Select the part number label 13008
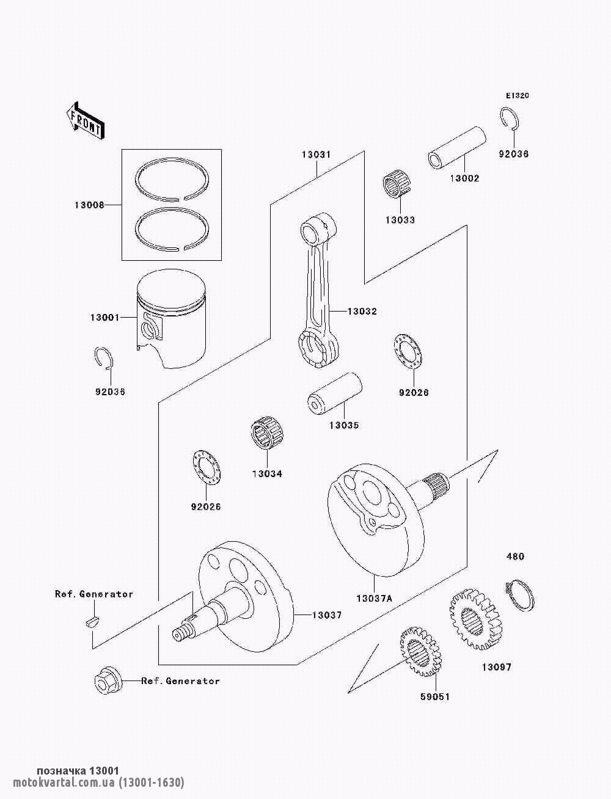[89, 205]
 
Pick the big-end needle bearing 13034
[267, 435]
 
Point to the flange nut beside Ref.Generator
[108, 680]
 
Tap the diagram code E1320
[517, 96]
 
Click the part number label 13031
[316, 155]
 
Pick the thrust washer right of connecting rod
[408, 351]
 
